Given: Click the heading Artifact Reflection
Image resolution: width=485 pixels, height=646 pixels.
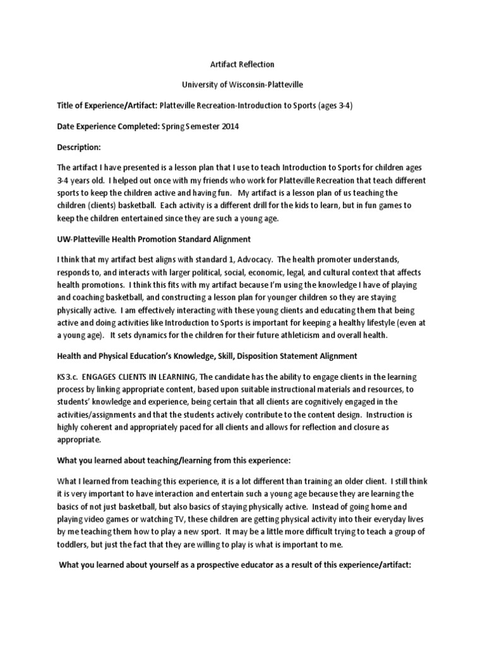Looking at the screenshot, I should pos(242,64).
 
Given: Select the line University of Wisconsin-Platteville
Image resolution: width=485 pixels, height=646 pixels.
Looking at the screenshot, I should pos(242,85).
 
